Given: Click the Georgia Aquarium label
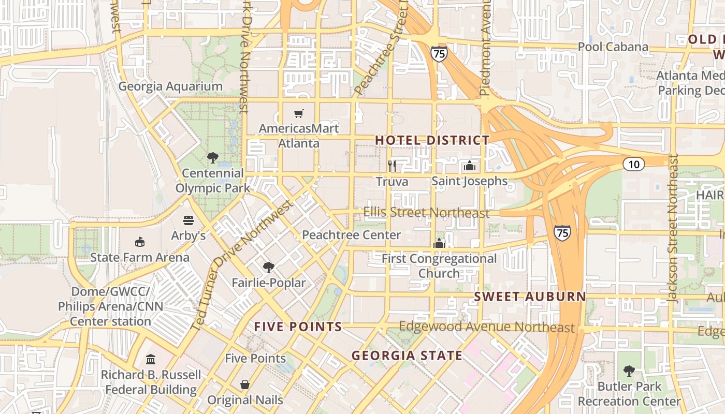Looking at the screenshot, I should click(x=170, y=86).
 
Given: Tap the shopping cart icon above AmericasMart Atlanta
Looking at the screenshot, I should click(x=299, y=113).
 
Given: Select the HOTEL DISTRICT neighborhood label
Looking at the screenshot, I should click(x=432, y=140).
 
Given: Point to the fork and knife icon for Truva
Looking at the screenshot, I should click(x=392, y=166).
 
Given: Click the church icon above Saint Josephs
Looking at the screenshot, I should click(x=470, y=166).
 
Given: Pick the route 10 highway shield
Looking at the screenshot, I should click(x=633, y=165).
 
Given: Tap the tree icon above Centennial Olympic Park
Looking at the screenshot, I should click(x=212, y=157).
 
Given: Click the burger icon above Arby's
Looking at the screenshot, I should click(x=188, y=220).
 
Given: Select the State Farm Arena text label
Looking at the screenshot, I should click(x=140, y=257).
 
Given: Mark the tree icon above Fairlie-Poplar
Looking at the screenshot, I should click(x=268, y=267).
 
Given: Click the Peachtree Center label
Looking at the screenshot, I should click(x=351, y=235).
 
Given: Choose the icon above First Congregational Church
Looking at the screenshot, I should click(x=439, y=243).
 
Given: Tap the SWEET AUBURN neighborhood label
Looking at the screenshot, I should click(x=530, y=297).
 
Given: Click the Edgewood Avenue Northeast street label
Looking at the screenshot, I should click(x=487, y=327).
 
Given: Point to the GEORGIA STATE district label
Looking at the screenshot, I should click(x=407, y=356).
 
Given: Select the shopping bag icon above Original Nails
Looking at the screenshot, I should click(x=245, y=385).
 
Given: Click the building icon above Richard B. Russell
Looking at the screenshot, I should click(x=151, y=359).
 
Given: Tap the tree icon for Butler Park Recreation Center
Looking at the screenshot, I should click(x=629, y=371).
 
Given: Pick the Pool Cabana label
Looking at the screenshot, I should click(x=613, y=47).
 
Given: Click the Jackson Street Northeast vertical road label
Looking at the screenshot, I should click(x=673, y=228).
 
